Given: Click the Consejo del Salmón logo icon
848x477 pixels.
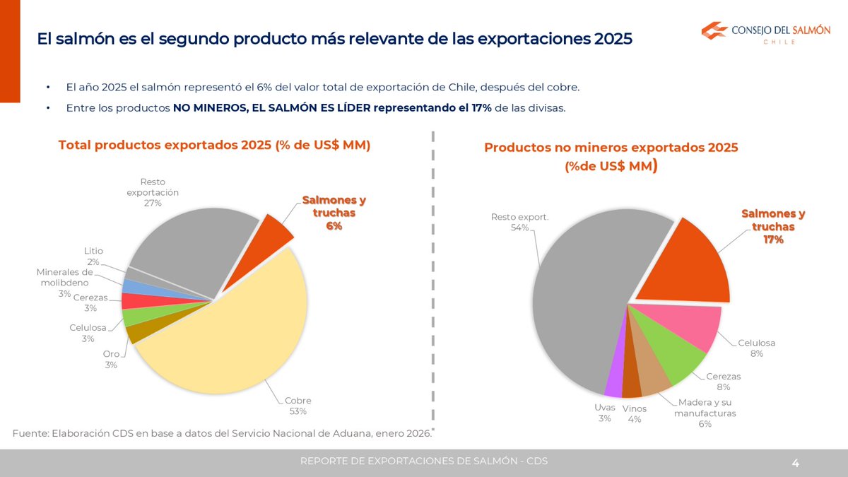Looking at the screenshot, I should pyautogui.click(x=714, y=31).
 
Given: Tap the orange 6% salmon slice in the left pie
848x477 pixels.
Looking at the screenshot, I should pyautogui.click(x=274, y=230).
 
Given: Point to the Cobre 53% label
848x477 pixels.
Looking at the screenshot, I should pyautogui.click(x=298, y=406).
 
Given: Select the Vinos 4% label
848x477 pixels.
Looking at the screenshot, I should pyautogui.click(x=634, y=413).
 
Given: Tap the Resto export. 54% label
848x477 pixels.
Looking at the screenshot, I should pyautogui.click(x=519, y=222).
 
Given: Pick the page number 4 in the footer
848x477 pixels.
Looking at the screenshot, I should pyautogui.click(x=795, y=464).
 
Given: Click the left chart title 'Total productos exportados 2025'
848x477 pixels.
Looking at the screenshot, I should pyautogui.click(x=214, y=145).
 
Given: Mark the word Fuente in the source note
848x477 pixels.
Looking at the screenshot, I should pyautogui.click(x=30, y=432).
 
